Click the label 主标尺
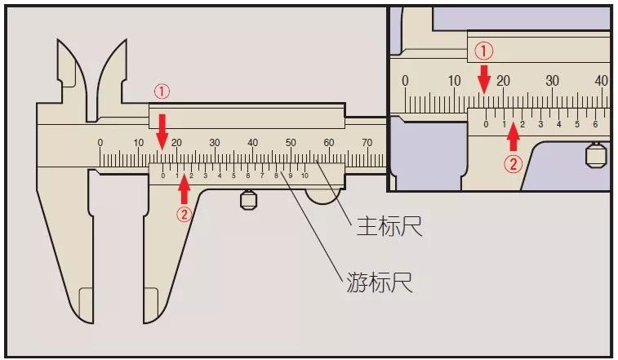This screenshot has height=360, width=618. (x=389, y=226)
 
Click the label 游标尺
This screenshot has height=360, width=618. (x=377, y=283)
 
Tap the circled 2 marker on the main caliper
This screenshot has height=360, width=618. (x=184, y=214)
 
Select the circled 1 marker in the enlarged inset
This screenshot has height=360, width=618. (x=484, y=51)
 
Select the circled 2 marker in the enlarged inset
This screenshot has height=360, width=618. (x=513, y=163)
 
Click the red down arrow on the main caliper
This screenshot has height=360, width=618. (x=162, y=129)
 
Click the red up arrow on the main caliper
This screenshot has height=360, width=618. (x=184, y=189)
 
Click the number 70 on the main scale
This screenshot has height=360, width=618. (x=367, y=143)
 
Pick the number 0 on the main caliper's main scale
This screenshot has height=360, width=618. (x=100, y=143)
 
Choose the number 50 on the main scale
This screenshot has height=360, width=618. (x=291, y=143)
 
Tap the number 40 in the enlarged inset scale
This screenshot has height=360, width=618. (x=602, y=81)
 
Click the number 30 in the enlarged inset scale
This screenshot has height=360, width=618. (x=553, y=81)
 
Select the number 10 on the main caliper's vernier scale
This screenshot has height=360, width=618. (x=305, y=176)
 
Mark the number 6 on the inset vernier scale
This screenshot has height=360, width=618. (x=595, y=124)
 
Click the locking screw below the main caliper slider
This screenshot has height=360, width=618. (x=249, y=199)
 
